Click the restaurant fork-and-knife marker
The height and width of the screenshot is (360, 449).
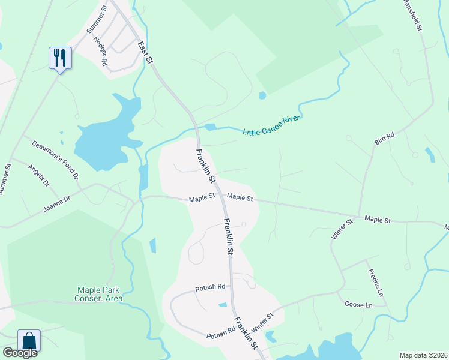(60, 58)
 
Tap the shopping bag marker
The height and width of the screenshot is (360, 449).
(29, 341)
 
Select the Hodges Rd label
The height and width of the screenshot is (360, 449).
(100, 52)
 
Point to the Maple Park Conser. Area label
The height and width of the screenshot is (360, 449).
(98, 294)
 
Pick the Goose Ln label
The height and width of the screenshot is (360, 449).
(359, 305)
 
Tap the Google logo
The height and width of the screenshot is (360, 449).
(20, 353)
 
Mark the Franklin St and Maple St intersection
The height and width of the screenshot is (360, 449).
(221, 197)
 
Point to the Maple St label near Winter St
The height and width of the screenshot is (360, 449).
(378, 221)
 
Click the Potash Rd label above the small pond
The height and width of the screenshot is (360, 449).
(210, 288)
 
